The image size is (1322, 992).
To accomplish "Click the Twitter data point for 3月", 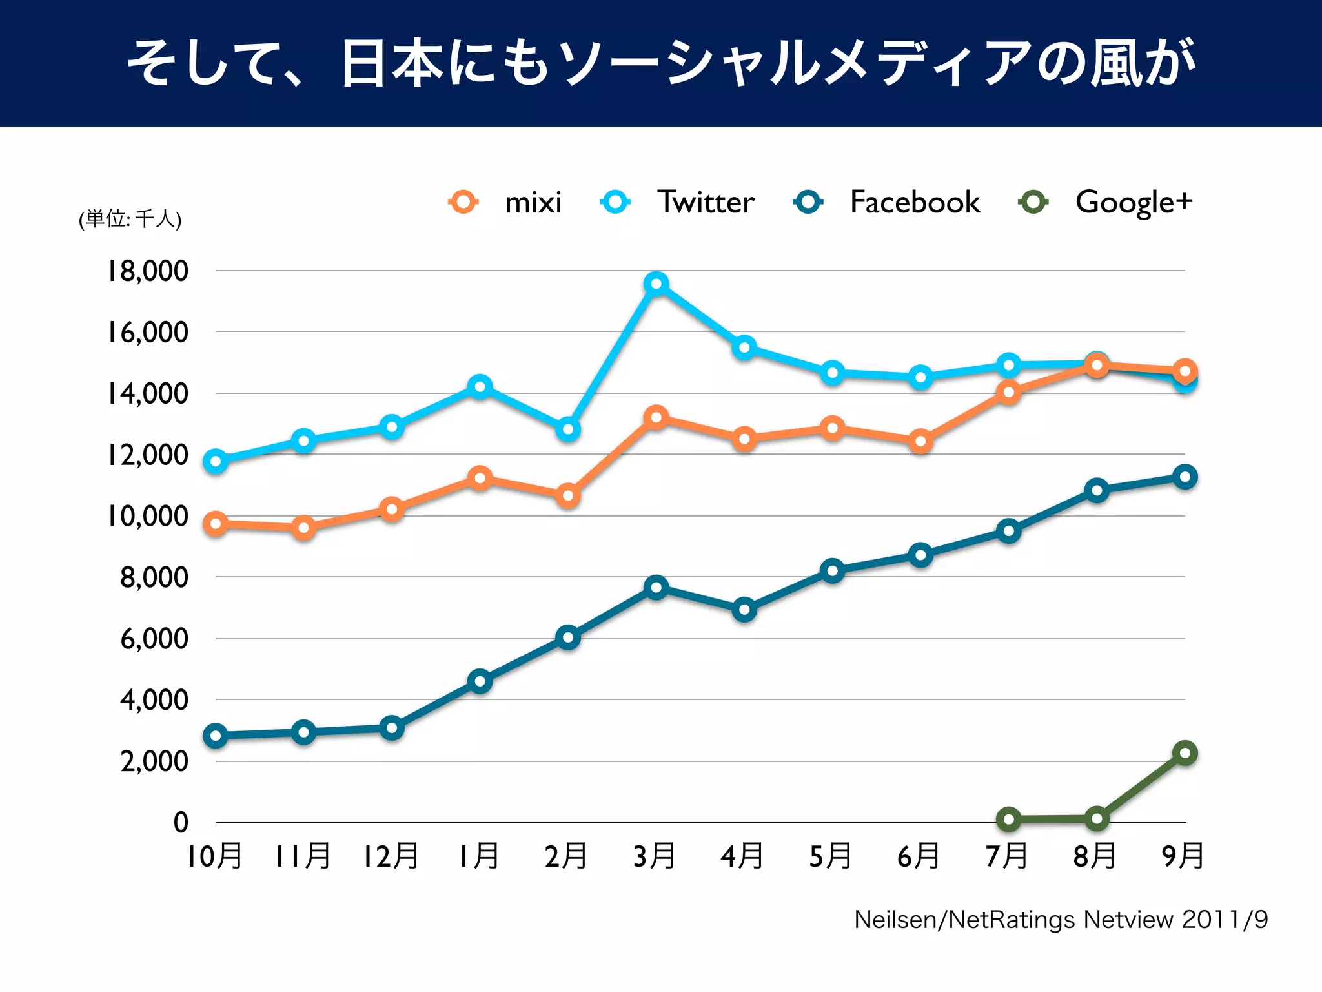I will point(656,284).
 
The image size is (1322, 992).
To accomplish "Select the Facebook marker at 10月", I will point(216,736).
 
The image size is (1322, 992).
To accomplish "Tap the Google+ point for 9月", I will point(1185,753).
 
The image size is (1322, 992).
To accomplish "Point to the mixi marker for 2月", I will point(568,496).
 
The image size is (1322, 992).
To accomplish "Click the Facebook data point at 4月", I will point(744,610).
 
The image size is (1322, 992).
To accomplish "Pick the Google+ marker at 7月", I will point(1008,820).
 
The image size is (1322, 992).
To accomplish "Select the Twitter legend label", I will point(706,203).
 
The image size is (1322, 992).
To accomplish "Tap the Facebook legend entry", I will point(915,203).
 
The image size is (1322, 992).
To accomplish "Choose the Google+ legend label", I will point(1134,203).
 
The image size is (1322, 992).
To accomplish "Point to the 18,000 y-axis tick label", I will point(148,271).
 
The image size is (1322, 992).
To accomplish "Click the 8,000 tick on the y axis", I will point(154,577).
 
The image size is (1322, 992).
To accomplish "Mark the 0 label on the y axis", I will point(181,822).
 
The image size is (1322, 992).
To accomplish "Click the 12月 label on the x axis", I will point(391,856).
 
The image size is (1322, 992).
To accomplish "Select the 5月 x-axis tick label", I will point(831,856).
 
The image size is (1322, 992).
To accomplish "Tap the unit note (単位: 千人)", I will point(130,219).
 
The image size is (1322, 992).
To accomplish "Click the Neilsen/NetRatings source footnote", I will point(1061,920).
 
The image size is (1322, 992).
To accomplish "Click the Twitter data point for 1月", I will point(480,387).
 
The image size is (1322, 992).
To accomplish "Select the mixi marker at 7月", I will point(1008,392).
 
